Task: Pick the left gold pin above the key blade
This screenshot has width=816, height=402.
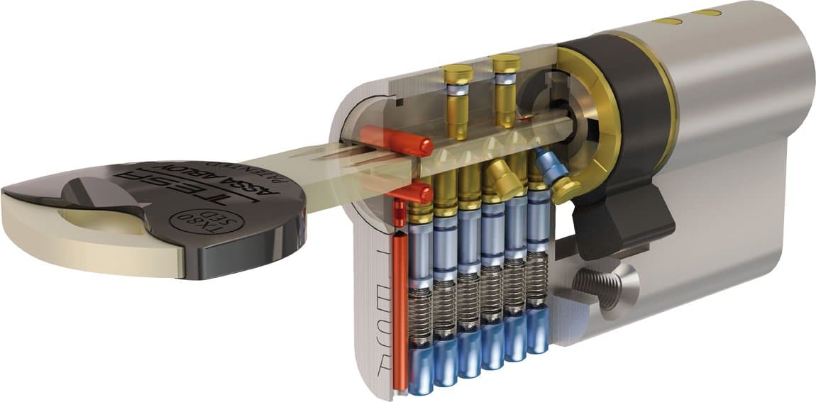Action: pos(456,99)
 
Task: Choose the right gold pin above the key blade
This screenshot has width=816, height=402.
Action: pos(506,89)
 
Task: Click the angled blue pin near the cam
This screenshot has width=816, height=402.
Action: pos(551,165)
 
